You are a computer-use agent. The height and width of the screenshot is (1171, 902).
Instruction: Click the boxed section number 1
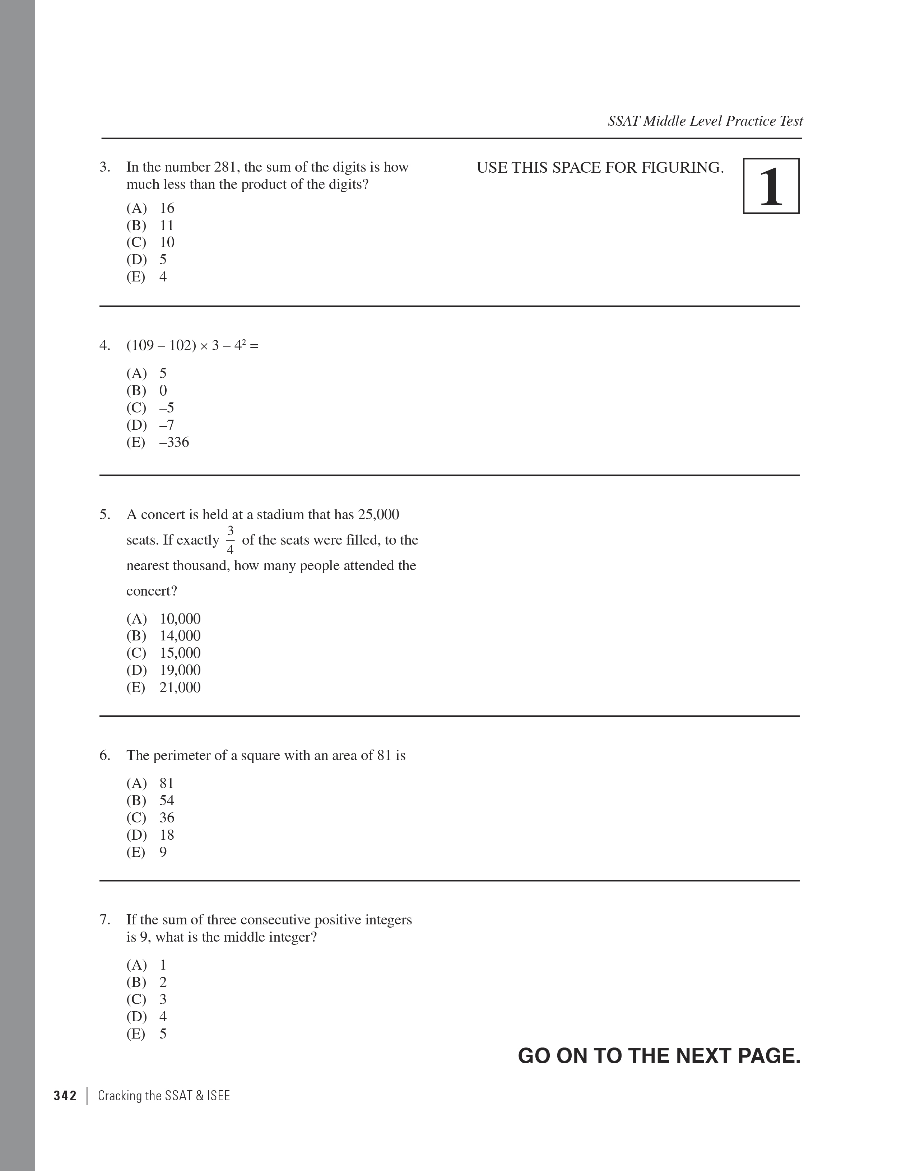(x=771, y=186)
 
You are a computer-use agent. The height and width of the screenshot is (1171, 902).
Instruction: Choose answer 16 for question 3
(x=166, y=208)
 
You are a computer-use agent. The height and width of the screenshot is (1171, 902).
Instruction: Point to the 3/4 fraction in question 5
(x=230, y=540)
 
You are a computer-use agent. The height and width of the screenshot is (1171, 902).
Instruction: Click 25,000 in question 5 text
(x=378, y=515)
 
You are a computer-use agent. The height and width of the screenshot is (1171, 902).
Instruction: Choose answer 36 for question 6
(x=166, y=818)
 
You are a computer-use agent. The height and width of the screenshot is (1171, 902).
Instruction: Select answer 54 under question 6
(x=166, y=801)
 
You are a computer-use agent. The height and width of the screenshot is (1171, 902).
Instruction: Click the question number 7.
(x=104, y=920)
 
